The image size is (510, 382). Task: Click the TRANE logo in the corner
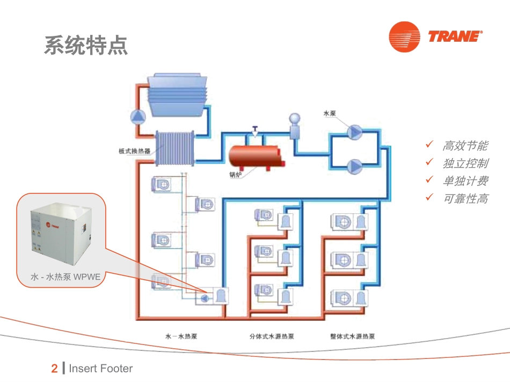tap(435, 37)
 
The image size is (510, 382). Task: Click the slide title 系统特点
tap(86, 46)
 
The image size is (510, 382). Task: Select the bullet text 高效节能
tap(465, 146)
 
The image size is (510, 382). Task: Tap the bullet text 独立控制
tap(465, 163)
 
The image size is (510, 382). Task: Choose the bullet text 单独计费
tap(465, 181)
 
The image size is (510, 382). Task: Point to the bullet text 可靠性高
tap(465, 199)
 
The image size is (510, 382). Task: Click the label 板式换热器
tap(134, 151)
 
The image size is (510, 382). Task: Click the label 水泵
tap(330, 114)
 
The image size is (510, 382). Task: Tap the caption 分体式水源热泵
tap(272, 336)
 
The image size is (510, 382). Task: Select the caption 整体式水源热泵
tap(352, 336)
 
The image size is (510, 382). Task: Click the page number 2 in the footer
tap(54, 369)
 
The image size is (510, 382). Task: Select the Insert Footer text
tap(100, 369)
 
